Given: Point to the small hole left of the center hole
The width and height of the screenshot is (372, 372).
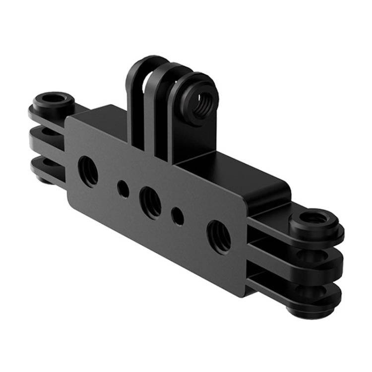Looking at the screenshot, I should click(x=123, y=188).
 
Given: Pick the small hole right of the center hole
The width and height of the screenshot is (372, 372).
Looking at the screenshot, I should click(x=177, y=216).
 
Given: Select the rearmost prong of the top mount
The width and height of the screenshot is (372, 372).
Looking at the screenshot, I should click(x=135, y=99).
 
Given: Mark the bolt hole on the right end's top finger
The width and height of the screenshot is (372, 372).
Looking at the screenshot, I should click(x=315, y=218).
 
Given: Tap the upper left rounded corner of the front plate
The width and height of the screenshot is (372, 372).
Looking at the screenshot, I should click(x=72, y=122).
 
